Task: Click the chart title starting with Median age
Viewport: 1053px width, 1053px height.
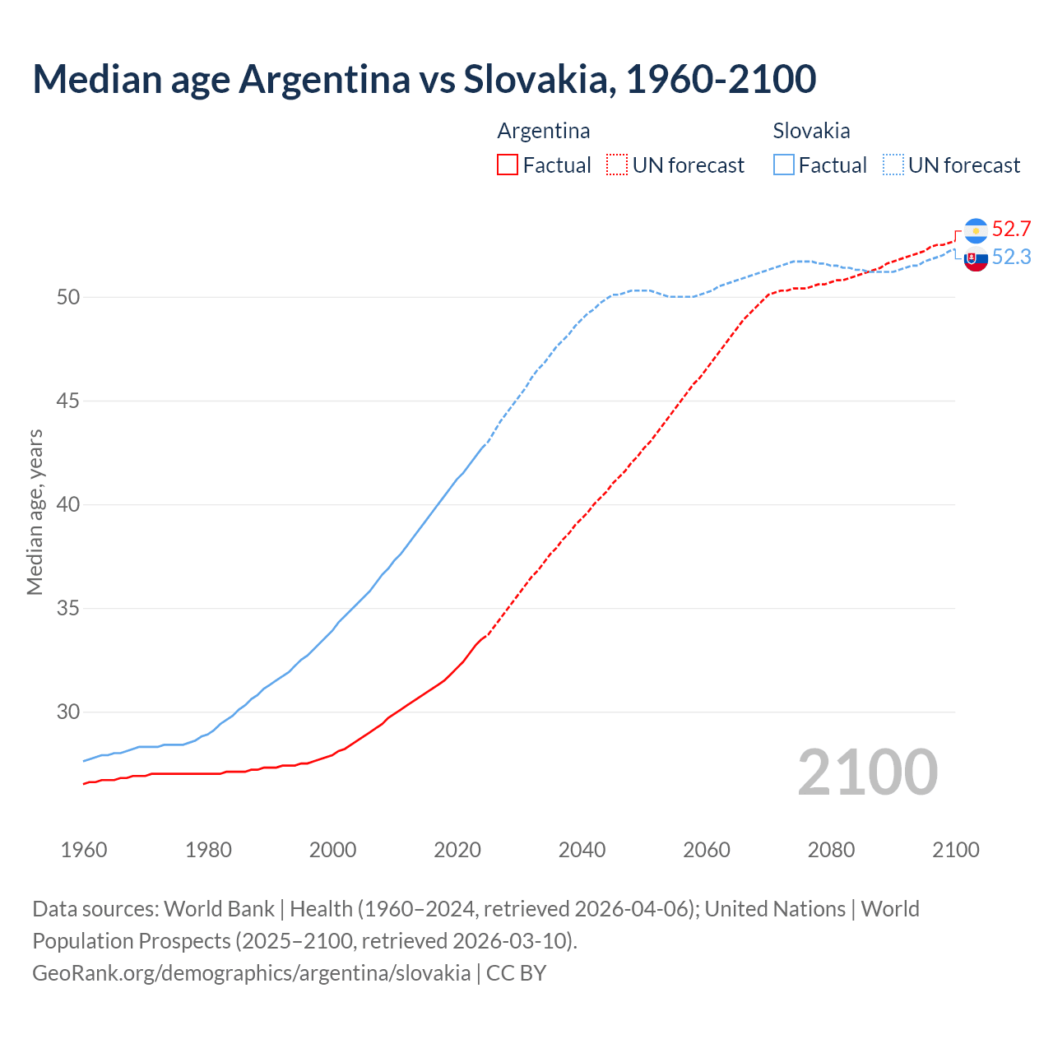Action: pyautogui.click(x=424, y=79)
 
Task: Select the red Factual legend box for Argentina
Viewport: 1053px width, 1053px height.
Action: pyautogui.click(x=508, y=165)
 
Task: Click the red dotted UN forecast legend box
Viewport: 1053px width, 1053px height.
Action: pyautogui.click(x=617, y=165)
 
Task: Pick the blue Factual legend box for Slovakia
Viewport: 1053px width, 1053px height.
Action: pyautogui.click(x=784, y=165)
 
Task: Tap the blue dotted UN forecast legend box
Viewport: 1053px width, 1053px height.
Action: pyautogui.click(x=893, y=165)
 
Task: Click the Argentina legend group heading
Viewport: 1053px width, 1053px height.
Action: pyautogui.click(x=544, y=131)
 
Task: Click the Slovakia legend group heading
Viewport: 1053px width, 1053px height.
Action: pyautogui.click(x=811, y=131)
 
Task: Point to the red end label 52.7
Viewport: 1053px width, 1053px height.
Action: pyautogui.click(x=1011, y=229)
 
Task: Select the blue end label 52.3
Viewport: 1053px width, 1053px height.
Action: pyautogui.click(x=1011, y=257)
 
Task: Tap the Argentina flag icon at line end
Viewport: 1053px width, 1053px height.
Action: pyautogui.click(x=976, y=231)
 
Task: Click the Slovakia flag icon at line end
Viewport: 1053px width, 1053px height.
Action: pyautogui.click(x=976, y=260)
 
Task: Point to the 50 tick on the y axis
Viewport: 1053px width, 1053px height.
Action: pyautogui.click(x=68, y=297)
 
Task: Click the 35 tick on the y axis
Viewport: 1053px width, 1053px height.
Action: pyautogui.click(x=68, y=608)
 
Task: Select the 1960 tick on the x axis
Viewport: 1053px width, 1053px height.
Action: pyautogui.click(x=84, y=850)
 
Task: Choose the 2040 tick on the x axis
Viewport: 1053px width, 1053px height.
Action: pyautogui.click(x=582, y=850)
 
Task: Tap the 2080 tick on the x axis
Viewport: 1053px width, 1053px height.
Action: pyautogui.click(x=831, y=850)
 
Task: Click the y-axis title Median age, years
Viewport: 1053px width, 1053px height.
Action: pyautogui.click(x=35, y=512)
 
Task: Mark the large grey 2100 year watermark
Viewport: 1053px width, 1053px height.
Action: pyautogui.click(x=867, y=772)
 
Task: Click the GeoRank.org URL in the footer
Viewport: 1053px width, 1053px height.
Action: pyautogui.click(x=251, y=973)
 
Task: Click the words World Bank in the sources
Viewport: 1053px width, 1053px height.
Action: pyautogui.click(x=219, y=909)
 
